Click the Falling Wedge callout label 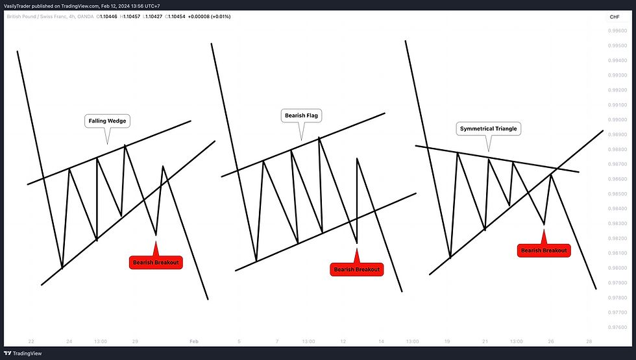point(107,121)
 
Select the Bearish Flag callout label point(302,116)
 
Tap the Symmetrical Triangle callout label point(489,128)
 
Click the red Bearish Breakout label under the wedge point(156,263)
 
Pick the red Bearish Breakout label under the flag point(357,269)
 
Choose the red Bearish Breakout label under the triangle point(544,250)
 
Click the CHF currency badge point(614,17)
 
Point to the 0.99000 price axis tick point(617,119)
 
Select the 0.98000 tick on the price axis point(617,268)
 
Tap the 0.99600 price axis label point(617,30)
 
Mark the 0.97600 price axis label point(617,328)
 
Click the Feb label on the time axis point(193,341)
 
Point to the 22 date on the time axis point(31,341)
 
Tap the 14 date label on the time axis point(382,341)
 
